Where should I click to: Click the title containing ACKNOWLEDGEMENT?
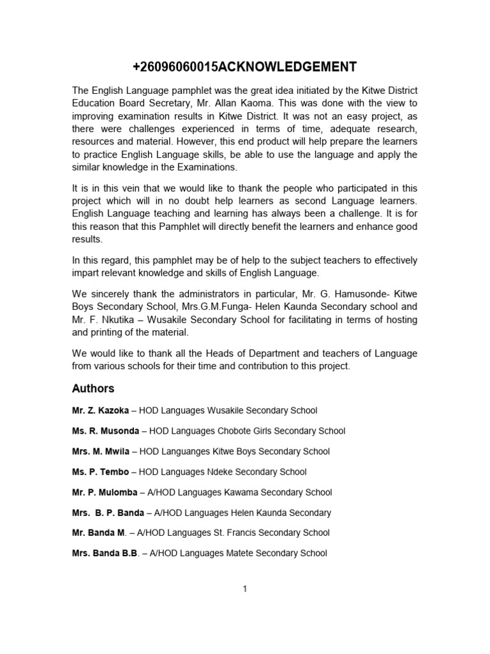click(x=244, y=67)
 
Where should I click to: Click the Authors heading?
click(x=93, y=388)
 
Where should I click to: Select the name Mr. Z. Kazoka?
click(x=100, y=411)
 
